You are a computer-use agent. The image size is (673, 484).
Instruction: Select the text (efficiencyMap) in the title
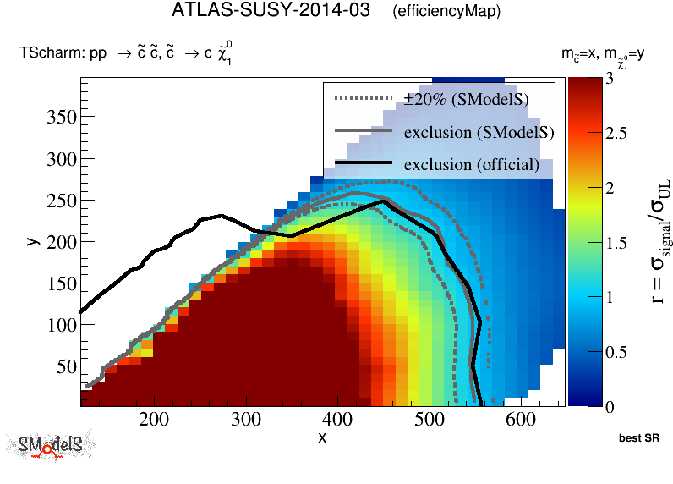[x=446, y=12]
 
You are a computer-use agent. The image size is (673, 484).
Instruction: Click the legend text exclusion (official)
[x=471, y=164]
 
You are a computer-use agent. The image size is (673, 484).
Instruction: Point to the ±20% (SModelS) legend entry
[x=467, y=100]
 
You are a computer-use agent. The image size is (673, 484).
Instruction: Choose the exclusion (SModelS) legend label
[x=479, y=132]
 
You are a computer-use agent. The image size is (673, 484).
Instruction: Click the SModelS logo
[x=52, y=445]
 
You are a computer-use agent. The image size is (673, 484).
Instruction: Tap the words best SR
[x=638, y=439]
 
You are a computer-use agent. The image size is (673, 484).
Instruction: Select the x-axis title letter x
[x=322, y=437]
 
